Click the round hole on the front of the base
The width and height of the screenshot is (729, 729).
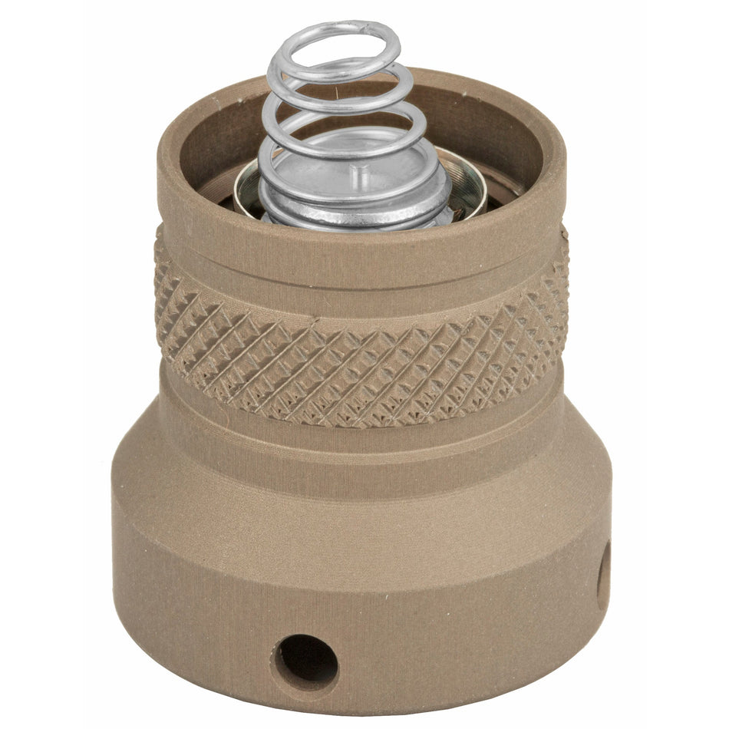[305, 661]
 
